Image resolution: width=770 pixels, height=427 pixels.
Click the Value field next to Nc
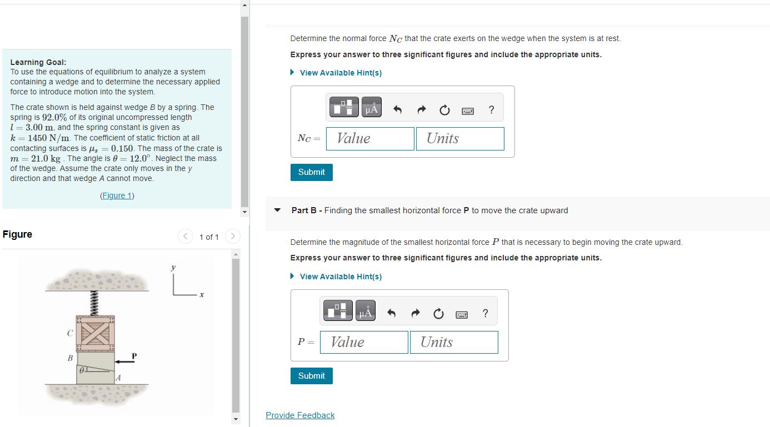click(x=370, y=139)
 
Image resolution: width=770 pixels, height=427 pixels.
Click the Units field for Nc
click(x=460, y=139)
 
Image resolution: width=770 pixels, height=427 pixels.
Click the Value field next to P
click(x=364, y=342)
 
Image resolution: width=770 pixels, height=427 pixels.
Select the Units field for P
click(x=454, y=342)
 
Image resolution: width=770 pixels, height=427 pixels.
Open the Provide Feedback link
click(x=300, y=415)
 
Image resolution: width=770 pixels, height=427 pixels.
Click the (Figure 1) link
click(x=117, y=195)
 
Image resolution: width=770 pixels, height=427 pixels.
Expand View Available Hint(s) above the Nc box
click(x=340, y=73)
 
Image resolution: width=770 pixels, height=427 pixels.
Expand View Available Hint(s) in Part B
click(x=340, y=277)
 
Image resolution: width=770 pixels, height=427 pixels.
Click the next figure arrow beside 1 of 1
click(x=232, y=237)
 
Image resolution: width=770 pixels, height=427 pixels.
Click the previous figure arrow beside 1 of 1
click(x=186, y=237)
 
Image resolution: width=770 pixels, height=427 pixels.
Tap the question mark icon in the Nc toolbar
click(x=491, y=110)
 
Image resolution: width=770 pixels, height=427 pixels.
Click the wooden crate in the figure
click(x=95, y=333)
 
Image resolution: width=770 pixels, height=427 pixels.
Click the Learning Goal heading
click(x=38, y=62)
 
